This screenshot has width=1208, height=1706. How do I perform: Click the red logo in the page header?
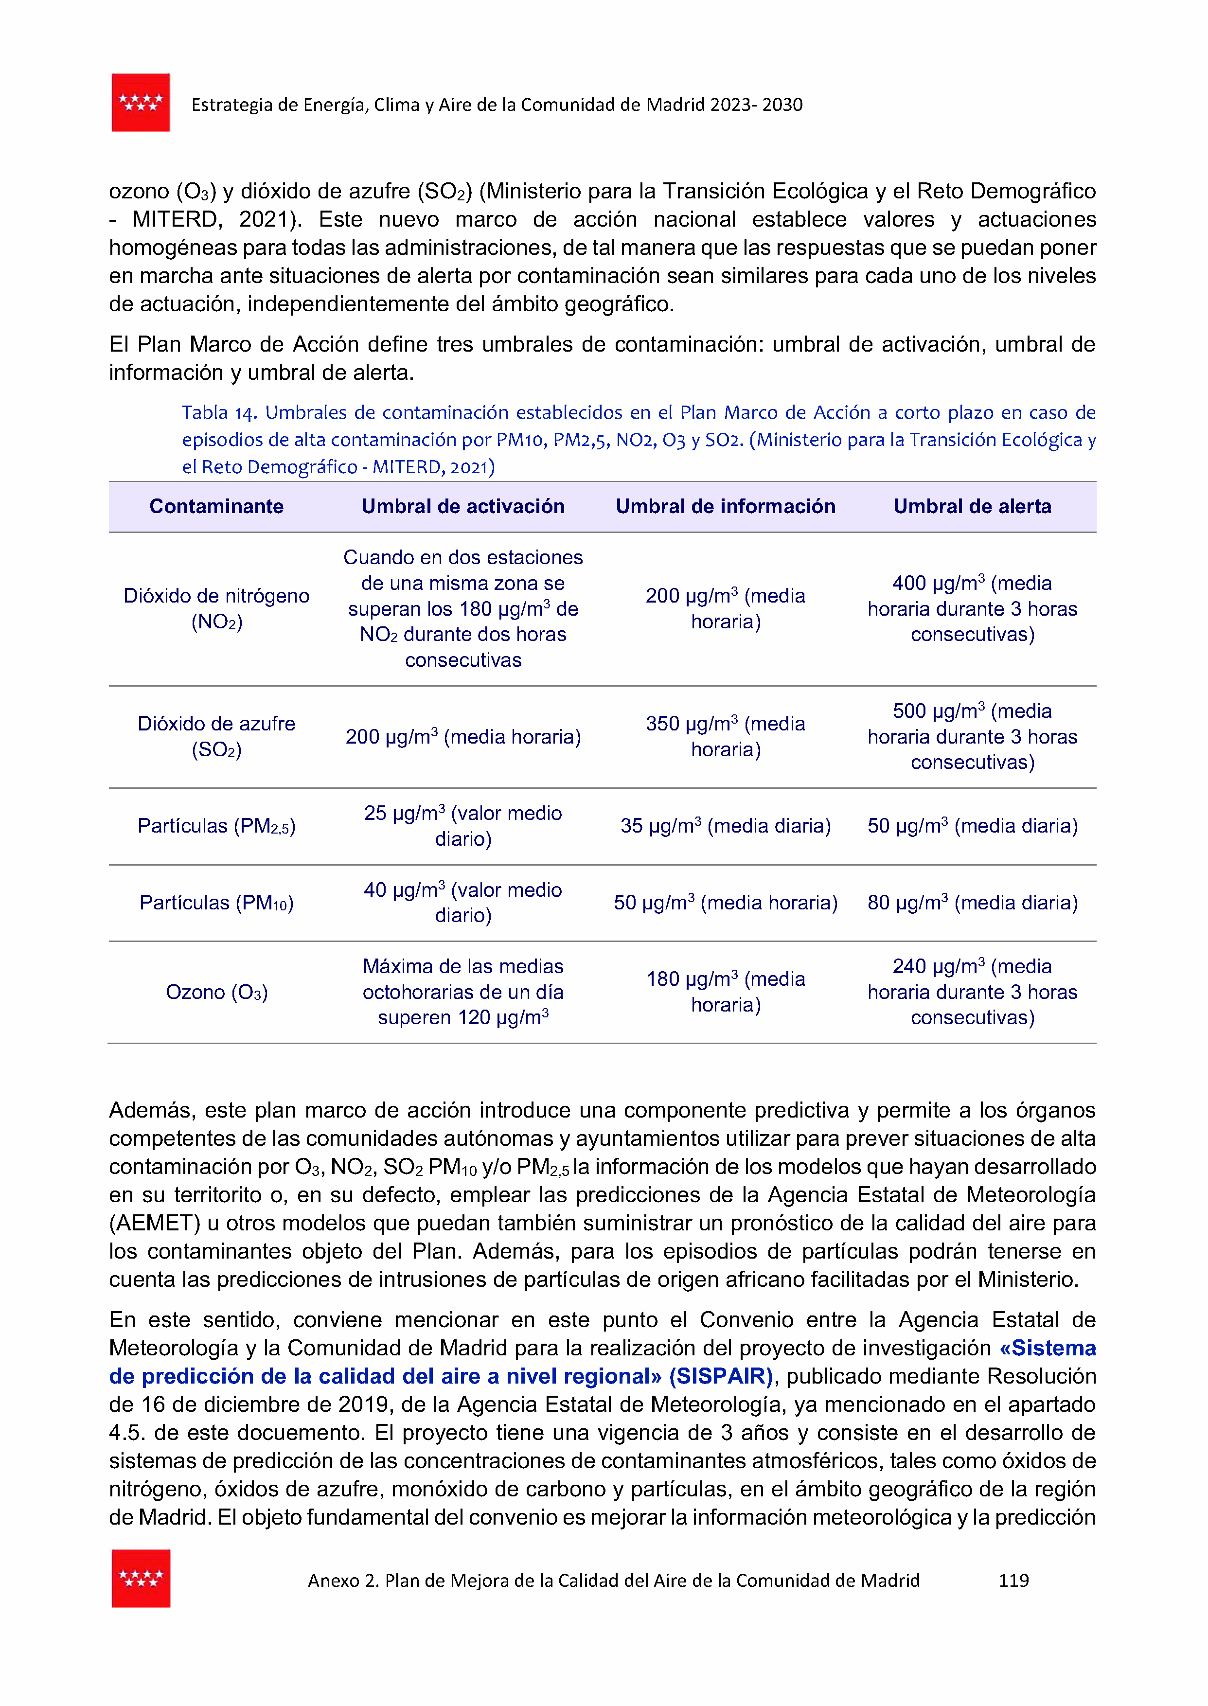pos(141,103)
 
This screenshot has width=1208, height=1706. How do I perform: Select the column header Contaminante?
pos(216,506)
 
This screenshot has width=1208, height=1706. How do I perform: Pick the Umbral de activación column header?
pos(462,506)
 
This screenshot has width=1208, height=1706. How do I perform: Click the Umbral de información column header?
pos(725,506)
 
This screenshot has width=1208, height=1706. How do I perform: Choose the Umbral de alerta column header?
pos(972,506)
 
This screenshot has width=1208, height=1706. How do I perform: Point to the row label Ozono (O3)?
pos(216,992)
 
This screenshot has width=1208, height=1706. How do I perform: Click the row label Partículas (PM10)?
pos(216,903)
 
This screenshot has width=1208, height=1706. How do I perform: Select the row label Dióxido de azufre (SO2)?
pos(216,736)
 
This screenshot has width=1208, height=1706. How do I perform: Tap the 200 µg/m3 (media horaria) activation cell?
pos(462,737)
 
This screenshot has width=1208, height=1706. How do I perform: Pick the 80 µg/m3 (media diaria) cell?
pos(972,903)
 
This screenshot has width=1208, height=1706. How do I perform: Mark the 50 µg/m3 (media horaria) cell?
pos(725,903)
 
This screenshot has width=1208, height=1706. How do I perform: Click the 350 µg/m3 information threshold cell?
pos(725,736)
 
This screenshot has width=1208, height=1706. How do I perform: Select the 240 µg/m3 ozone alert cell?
pos(972,992)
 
